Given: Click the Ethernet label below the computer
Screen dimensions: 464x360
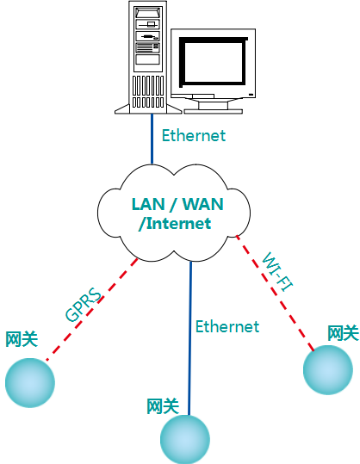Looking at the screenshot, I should coord(193,135).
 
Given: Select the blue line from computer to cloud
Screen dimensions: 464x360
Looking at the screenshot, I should coord(152,141).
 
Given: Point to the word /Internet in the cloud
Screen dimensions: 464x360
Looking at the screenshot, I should coord(175,224).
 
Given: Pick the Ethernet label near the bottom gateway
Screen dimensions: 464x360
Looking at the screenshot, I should coord(227,326).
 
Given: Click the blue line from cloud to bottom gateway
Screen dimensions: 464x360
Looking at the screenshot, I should coord(190,344).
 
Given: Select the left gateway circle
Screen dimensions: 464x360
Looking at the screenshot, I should coord(29,380).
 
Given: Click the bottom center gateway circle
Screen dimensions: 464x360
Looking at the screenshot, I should coord(187,438).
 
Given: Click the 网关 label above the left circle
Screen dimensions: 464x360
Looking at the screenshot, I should coord(22,339).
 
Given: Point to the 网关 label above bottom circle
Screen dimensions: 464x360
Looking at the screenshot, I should coord(163,405).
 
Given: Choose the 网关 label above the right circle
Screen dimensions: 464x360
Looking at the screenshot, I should coord(342,332).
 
